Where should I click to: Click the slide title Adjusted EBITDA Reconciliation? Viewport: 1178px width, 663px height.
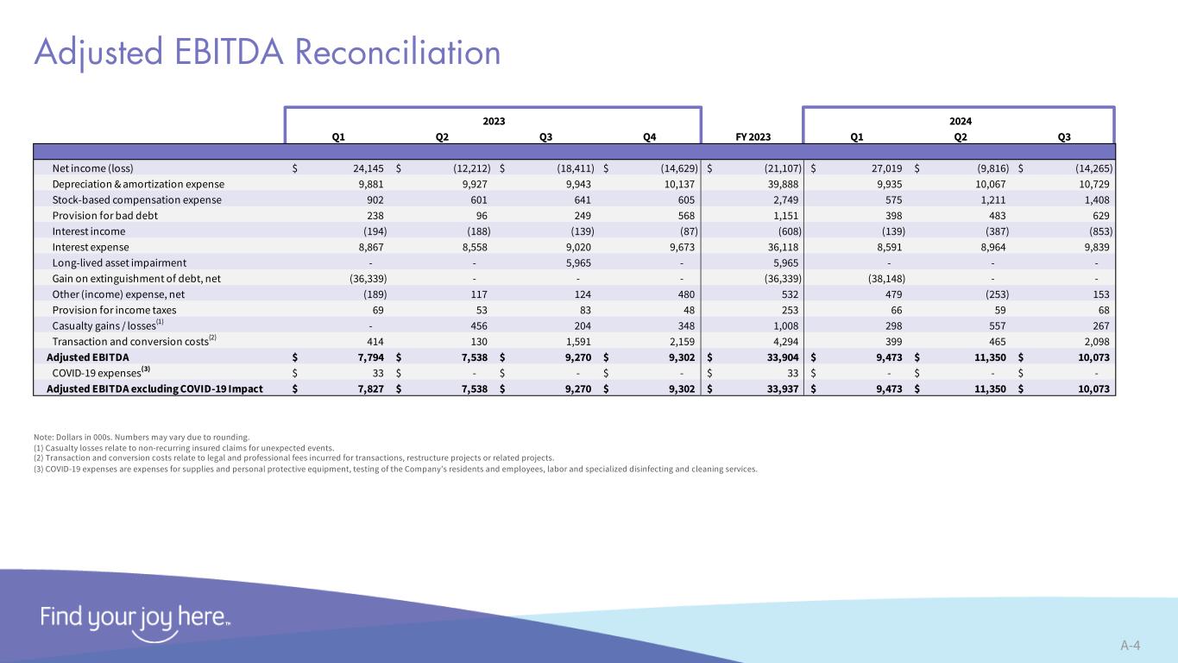click(268, 53)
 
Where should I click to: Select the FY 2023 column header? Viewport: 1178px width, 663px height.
click(753, 136)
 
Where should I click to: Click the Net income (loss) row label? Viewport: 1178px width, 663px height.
click(93, 168)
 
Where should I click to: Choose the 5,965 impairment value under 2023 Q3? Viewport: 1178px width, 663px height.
click(576, 262)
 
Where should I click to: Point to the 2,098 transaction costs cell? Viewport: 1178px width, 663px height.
click(1093, 341)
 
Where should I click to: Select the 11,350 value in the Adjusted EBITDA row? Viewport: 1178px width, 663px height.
click(988, 357)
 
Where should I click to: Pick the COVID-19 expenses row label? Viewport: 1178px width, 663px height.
click(97, 372)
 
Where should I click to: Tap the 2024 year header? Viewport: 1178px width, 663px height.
click(959, 121)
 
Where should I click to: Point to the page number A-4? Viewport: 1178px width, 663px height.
click(1131, 645)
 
